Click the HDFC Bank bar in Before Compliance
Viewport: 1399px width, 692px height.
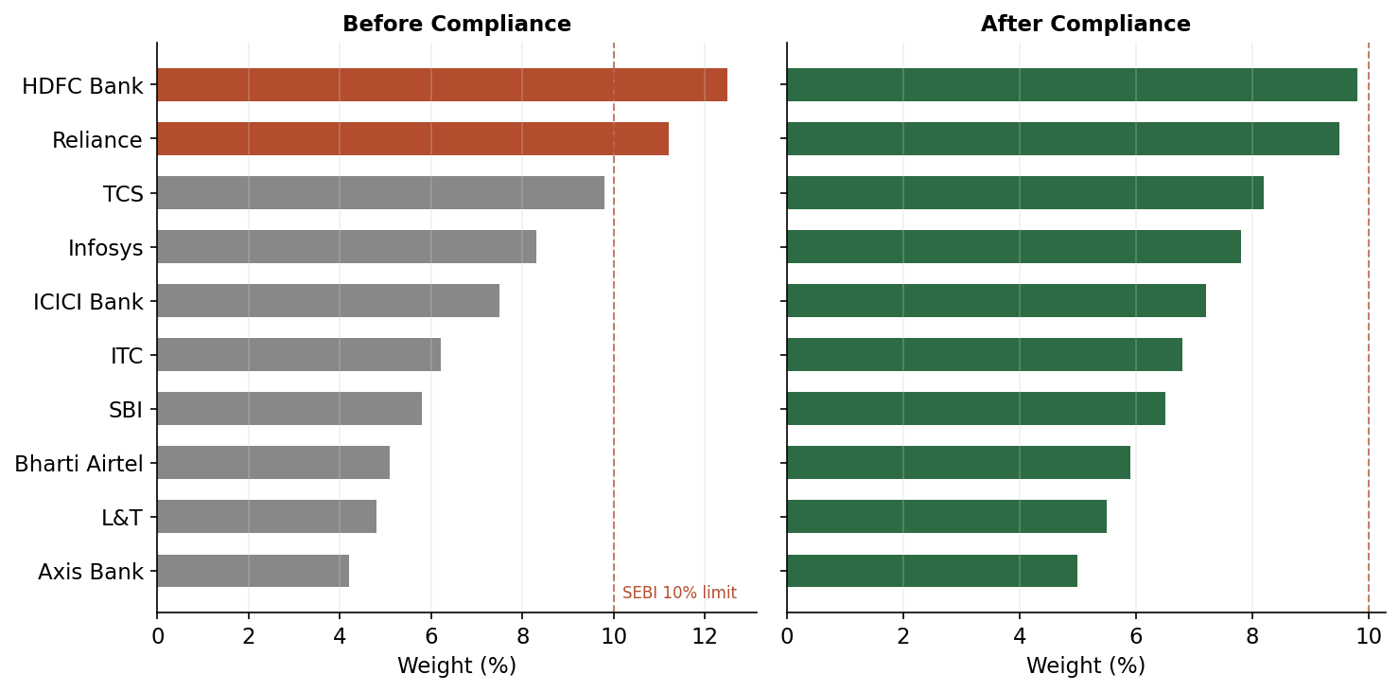click(442, 85)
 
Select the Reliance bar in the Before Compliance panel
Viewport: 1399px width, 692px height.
click(412, 139)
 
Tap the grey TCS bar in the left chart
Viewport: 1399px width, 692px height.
click(380, 193)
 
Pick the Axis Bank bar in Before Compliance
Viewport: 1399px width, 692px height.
click(253, 572)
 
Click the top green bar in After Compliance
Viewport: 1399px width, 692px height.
click(1072, 85)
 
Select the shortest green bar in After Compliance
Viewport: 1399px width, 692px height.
click(932, 572)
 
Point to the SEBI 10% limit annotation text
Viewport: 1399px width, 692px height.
click(679, 594)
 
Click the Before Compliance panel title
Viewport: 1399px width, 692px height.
click(456, 25)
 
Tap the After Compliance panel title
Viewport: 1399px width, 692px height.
click(1085, 25)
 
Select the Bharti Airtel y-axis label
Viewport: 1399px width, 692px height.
click(79, 464)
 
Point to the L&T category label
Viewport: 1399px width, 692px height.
click(121, 519)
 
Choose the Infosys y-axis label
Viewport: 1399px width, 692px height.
click(105, 249)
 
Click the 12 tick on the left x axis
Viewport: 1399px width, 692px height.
click(704, 636)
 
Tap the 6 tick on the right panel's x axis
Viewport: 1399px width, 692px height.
click(1136, 636)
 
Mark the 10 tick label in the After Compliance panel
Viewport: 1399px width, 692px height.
click(1368, 636)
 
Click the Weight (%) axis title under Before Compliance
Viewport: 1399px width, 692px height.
click(456, 666)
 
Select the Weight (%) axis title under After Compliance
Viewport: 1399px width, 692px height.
click(1085, 666)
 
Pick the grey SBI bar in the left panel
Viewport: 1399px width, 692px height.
click(289, 410)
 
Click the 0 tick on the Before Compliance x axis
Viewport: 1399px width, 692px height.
click(157, 636)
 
